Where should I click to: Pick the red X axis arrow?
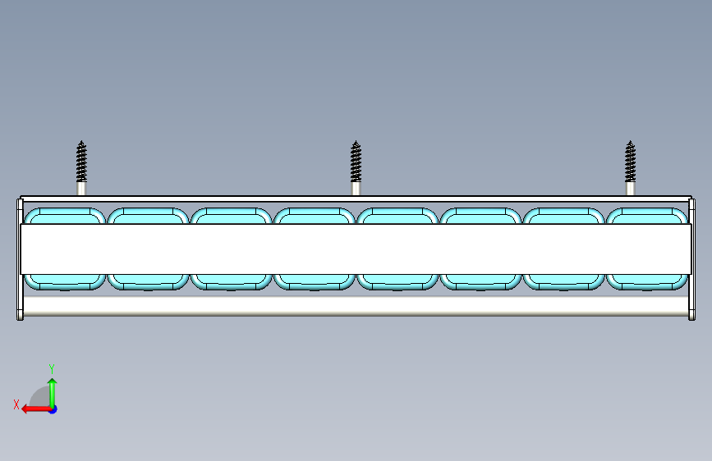[x=33, y=408]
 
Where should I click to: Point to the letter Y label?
[x=52, y=369]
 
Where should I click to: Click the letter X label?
[x=16, y=404]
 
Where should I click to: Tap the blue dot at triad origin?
[x=53, y=409]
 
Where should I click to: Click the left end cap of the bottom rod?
[x=21, y=308]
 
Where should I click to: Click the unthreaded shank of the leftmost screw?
[x=81, y=188]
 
